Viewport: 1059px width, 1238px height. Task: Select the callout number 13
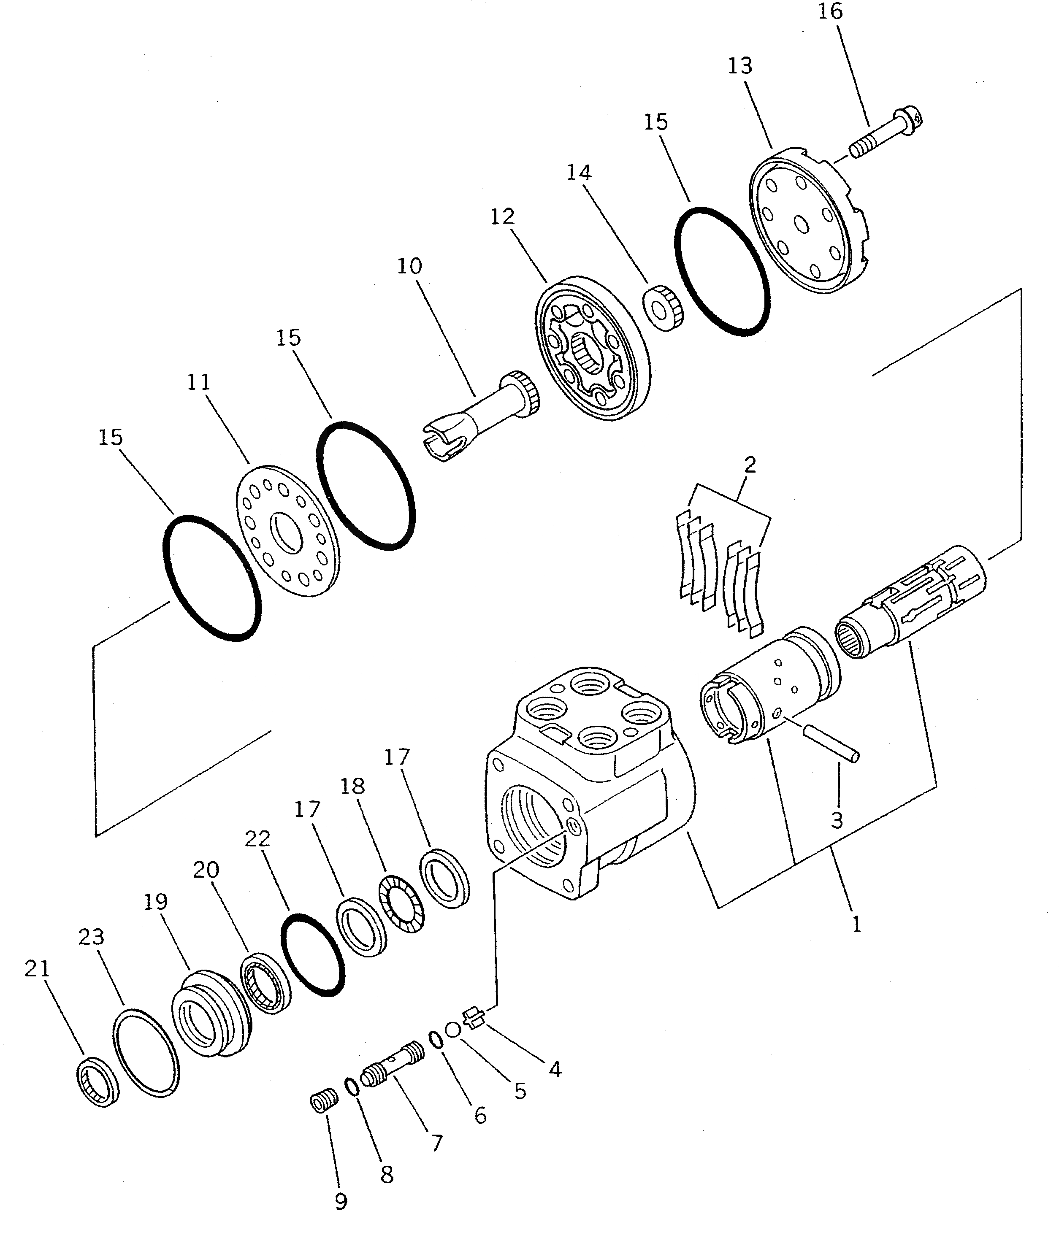740,66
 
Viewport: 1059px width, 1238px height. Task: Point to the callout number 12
502,217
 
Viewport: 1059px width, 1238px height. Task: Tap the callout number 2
750,464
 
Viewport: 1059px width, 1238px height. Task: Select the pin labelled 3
831,742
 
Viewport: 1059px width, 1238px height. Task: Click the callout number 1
856,924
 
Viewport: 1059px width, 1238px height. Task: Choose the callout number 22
257,839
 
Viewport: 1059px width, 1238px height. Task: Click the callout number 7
437,1143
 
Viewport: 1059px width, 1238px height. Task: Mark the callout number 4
555,1070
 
